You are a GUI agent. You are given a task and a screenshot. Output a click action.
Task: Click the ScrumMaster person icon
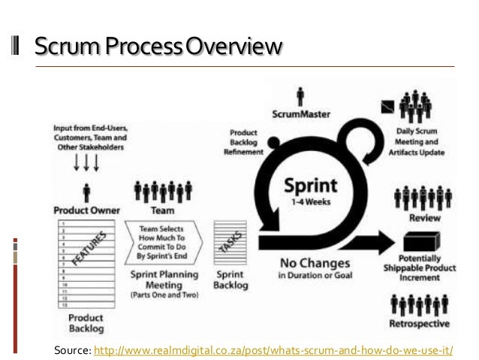coord(301,96)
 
